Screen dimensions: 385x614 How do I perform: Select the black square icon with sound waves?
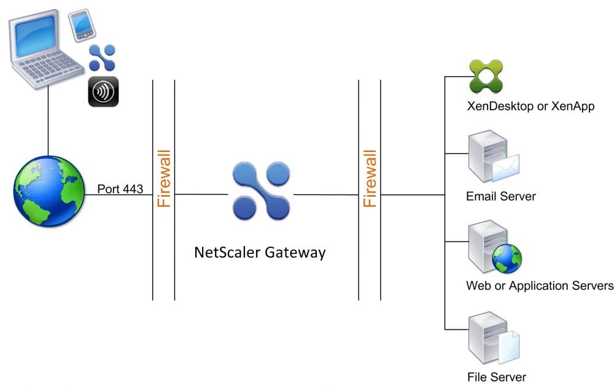103,92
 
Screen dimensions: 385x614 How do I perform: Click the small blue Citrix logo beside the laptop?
103,58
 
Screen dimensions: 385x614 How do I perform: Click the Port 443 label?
120,189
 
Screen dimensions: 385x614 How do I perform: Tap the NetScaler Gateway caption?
260,252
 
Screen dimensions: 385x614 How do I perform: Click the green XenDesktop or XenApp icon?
486,76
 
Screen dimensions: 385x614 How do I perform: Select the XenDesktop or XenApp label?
530,106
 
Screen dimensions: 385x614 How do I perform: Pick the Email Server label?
501,197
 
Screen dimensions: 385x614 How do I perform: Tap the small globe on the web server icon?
507,257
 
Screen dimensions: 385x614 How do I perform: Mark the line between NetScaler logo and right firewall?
325,195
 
